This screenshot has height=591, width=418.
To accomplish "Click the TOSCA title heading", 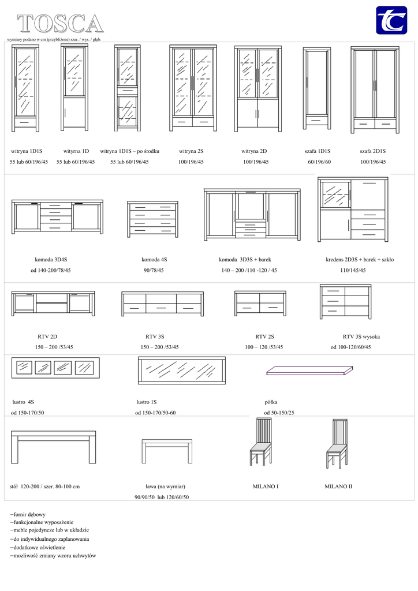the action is [x=60, y=24].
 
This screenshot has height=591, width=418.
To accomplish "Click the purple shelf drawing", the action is [x=309, y=370].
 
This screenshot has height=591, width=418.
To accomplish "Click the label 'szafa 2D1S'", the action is [x=373, y=151].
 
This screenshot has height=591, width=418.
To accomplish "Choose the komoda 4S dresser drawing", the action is [x=152, y=218].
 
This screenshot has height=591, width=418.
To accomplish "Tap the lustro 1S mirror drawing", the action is [x=182, y=371].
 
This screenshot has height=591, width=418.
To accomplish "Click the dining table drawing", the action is [x=53, y=446].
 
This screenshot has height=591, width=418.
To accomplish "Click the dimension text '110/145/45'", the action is [x=353, y=270].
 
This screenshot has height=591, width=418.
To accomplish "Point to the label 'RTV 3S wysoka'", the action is [x=361, y=336].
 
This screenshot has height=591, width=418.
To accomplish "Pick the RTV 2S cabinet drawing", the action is [x=260, y=304].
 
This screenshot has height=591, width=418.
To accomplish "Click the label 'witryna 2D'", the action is [x=254, y=151].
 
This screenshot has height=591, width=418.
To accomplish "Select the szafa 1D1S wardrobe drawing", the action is [x=317, y=88].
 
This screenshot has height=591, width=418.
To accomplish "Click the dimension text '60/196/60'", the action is [x=319, y=162].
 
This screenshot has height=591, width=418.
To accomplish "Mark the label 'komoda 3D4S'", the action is [x=51, y=260].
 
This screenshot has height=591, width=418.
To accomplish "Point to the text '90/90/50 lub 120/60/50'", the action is [x=162, y=497].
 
